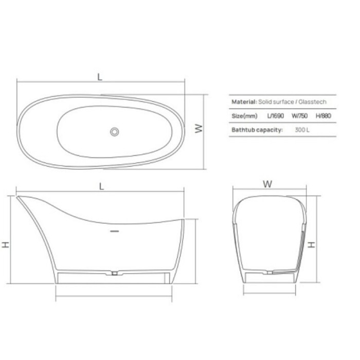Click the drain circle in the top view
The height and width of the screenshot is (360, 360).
[114, 131]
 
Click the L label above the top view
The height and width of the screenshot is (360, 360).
[100, 77]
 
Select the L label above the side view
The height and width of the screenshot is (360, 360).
[101, 187]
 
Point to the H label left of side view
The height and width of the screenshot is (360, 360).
[6, 244]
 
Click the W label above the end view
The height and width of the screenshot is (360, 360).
[267, 184]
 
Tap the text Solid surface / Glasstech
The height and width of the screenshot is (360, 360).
[292, 102]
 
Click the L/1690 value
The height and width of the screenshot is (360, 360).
[276, 116]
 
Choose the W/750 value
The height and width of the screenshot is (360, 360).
[299, 116]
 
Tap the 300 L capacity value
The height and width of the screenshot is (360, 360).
[302, 130]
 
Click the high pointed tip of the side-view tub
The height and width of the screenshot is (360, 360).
[19, 197]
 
